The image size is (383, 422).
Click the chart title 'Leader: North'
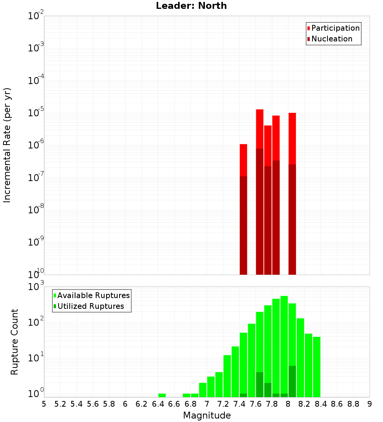[191, 6]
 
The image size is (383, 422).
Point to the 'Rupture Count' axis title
[15, 341]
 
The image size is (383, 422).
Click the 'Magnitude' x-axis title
[207, 415]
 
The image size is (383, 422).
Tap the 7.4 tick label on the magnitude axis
[239, 404]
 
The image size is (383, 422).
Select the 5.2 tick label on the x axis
[61, 404]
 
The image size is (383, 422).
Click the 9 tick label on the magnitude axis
[370, 404]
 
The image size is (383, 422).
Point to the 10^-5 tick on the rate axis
[36, 113]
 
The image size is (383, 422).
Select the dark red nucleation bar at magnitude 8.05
[292, 219]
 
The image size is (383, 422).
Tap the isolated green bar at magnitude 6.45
[162, 395]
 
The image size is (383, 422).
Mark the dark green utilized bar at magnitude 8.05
[292, 381]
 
